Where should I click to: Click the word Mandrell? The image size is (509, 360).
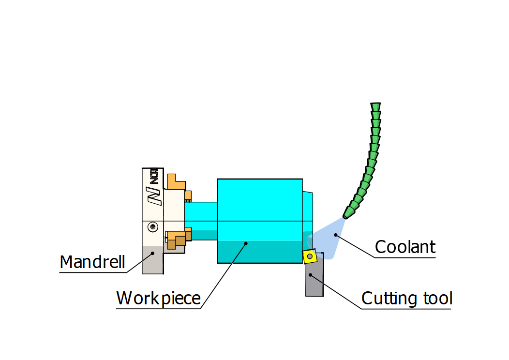pyautogui.click(x=92, y=262)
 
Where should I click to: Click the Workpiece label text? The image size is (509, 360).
pyautogui.click(x=158, y=298)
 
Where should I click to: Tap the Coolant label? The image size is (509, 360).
pyautogui.click(x=405, y=247)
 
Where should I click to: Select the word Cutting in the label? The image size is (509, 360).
pyautogui.click(x=386, y=298)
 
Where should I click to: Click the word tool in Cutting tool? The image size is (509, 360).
pyautogui.click(x=436, y=298)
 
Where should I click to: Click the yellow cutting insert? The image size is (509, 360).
pyautogui.click(x=310, y=256)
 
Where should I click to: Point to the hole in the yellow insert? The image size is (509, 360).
pyautogui.click(x=309, y=256)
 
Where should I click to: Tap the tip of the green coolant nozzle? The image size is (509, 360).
pyautogui.click(x=346, y=214)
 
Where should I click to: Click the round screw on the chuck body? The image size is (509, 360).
pyautogui.click(x=153, y=226)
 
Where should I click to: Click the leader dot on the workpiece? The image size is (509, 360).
pyautogui.click(x=246, y=243)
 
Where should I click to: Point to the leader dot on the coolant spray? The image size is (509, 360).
pyautogui.click(x=335, y=235)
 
